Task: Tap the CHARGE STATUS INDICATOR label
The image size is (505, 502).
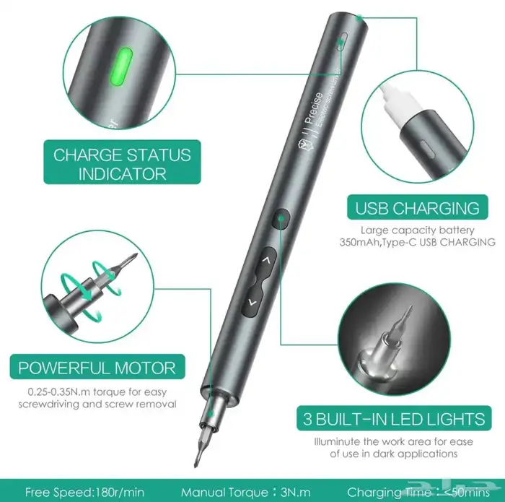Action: [122, 164]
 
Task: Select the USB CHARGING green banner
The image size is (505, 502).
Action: [417, 209]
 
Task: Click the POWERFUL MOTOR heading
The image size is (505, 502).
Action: [97, 367]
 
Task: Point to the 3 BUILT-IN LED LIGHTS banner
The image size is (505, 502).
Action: [392, 418]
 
